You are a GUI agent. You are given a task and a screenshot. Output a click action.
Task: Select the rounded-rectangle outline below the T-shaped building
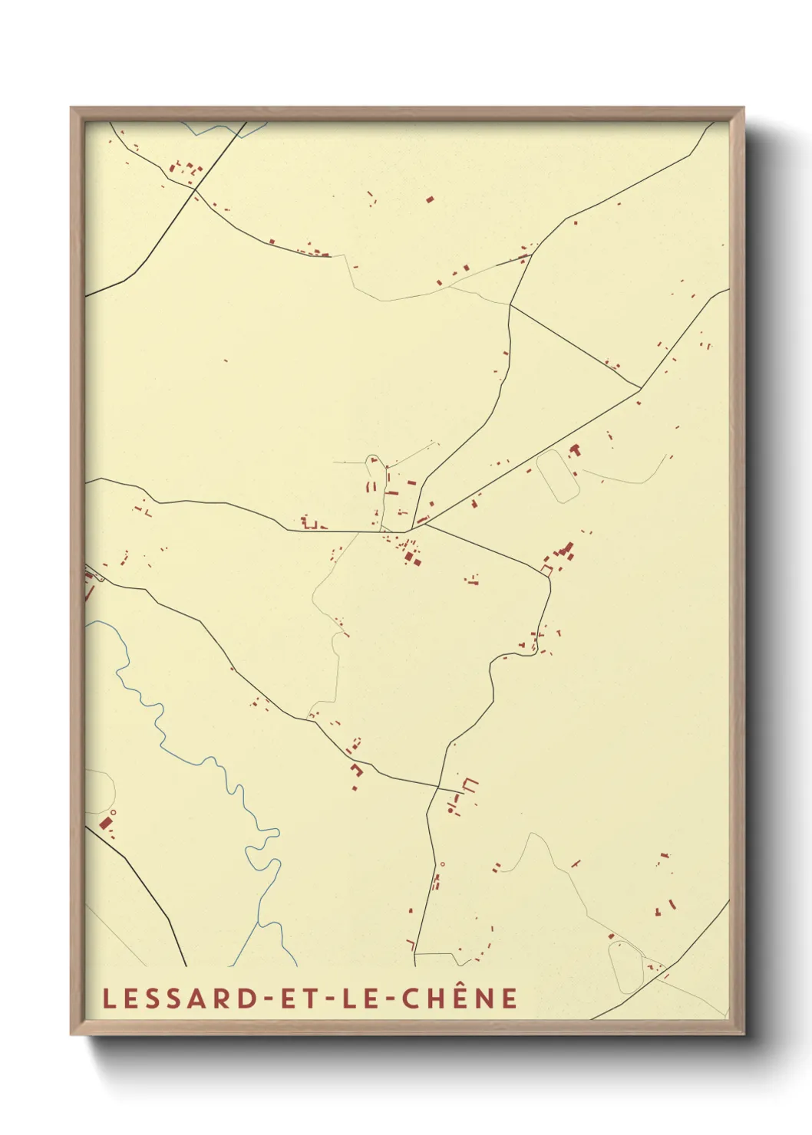[557, 475]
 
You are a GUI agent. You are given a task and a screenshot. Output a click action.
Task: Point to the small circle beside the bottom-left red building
[113, 812]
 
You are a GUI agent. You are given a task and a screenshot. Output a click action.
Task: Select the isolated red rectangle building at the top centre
[430, 199]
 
